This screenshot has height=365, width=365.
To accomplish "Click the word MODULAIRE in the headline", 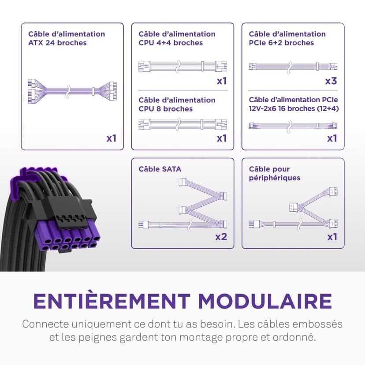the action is point(265,301).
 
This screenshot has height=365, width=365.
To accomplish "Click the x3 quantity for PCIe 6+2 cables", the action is point(331,81).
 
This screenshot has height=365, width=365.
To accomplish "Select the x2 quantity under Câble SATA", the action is point(221,237).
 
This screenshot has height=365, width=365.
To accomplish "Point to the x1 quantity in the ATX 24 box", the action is point(111,138).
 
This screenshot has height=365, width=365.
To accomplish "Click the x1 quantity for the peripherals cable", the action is point(332,237).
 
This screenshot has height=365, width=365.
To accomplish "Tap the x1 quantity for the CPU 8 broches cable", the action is point(222,138).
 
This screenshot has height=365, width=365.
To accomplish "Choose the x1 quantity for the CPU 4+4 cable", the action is point(222,81).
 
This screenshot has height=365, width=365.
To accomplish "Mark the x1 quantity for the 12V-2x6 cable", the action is point(332,138).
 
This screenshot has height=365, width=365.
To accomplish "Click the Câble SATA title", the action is point(160,169).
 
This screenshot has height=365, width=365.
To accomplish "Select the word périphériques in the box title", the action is point(275,178).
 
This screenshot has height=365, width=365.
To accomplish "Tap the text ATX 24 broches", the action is point(57,43).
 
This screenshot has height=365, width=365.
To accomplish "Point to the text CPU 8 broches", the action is point(165,109).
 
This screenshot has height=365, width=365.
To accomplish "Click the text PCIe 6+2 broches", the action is point(281,43).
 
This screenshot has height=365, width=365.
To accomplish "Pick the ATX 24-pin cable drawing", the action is point(72,91).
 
